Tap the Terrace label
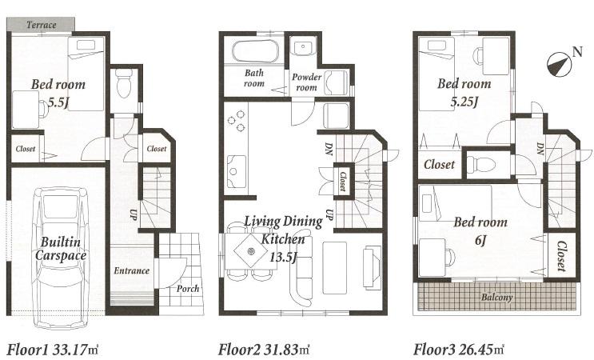tap(41, 25)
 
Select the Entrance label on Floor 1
tap(131, 270)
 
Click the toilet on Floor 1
tap(123, 82)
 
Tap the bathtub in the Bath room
tap(254, 54)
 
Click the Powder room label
tap(306, 82)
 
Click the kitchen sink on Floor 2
tap(237, 170)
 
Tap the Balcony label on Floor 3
tap(497, 298)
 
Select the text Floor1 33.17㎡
tap(54, 350)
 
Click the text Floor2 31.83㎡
tap(264, 350)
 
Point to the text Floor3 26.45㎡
tap(459, 350)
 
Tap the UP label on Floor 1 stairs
tap(134, 214)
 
